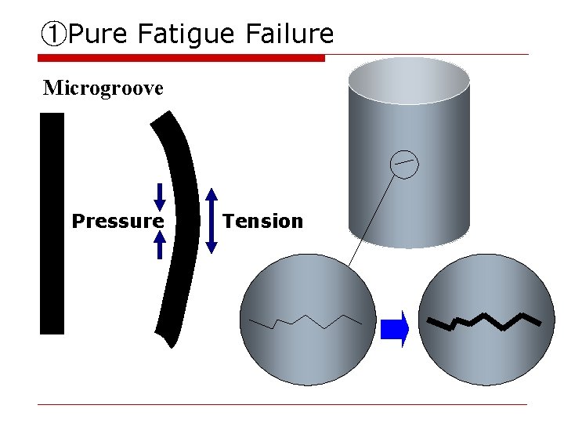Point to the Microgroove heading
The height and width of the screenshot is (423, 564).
tap(103, 88)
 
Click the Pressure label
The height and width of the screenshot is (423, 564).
tap(117, 221)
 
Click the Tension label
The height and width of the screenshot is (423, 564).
tap(262, 221)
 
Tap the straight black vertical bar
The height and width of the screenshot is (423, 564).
tap(52, 223)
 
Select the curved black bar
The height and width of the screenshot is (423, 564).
tap(179, 227)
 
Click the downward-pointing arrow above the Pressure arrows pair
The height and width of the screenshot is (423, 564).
tap(160, 197)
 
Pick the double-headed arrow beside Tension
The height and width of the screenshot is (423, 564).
tap(211, 221)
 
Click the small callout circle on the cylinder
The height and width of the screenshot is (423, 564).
tap(404, 163)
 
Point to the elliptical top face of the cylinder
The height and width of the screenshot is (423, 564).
tap(409, 81)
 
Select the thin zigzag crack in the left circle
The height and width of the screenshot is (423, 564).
tap(305, 322)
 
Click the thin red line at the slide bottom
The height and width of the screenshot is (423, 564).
tap(282, 404)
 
